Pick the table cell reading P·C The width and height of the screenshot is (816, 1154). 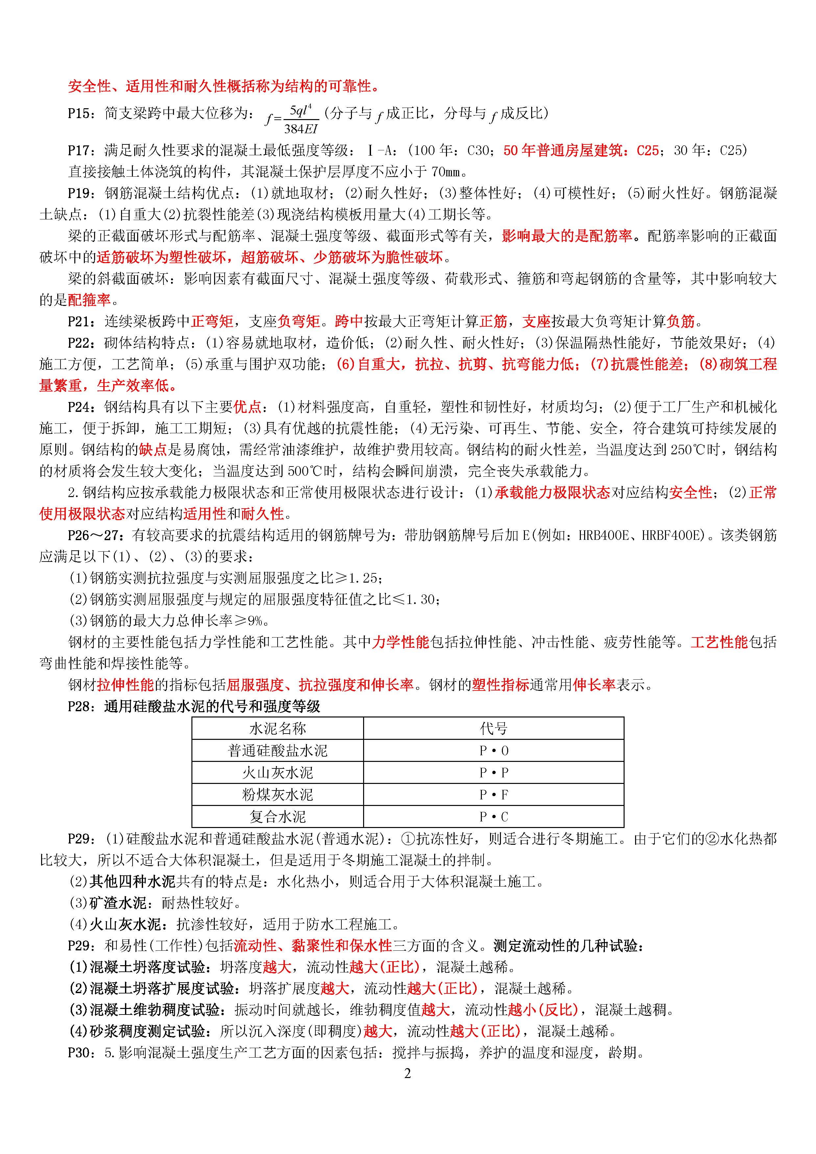coord(493,817)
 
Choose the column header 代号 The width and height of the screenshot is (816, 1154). coord(493,728)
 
